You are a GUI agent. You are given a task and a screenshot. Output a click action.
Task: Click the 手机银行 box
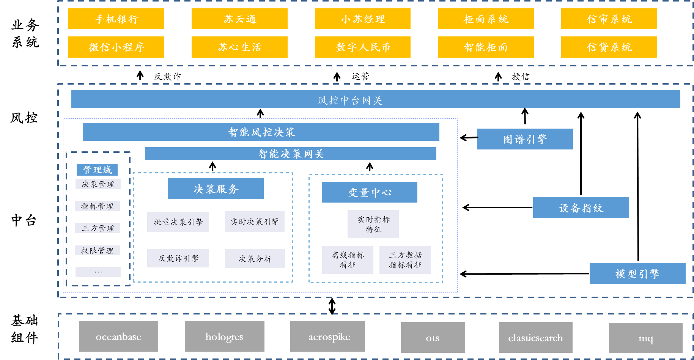(x=116, y=19)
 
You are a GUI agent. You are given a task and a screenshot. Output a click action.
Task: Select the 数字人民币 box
(x=363, y=47)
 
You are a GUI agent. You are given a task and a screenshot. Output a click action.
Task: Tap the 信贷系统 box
(x=609, y=47)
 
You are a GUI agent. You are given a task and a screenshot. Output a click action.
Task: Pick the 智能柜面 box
(x=486, y=47)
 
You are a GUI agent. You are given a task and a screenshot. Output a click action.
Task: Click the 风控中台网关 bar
(x=376, y=99)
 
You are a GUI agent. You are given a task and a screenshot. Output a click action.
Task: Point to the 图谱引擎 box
(x=525, y=139)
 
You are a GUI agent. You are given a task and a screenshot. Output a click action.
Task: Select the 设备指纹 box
(x=581, y=208)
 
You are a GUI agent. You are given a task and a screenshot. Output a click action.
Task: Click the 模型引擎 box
(x=637, y=274)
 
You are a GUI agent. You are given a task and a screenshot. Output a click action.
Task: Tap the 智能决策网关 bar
(x=291, y=154)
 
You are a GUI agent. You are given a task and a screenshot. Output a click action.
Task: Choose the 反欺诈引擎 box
(x=178, y=258)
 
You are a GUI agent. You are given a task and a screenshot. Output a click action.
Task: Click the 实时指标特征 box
(x=373, y=224)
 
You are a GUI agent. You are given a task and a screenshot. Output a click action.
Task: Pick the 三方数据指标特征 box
(x=405, y=260)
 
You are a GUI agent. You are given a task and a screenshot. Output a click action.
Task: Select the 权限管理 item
(x=97, y=250)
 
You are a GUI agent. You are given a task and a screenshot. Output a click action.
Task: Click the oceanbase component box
(x=118, y=336)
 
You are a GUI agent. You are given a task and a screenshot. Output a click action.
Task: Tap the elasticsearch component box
(x=536, y=338)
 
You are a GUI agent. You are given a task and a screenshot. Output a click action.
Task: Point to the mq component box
(x=646, y=338)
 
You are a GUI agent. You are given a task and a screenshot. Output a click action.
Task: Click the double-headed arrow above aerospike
(x=332, y=306)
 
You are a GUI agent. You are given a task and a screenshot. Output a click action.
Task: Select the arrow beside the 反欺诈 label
(x=140, y=75)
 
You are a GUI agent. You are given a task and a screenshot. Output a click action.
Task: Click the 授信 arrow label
(x=520, y=76)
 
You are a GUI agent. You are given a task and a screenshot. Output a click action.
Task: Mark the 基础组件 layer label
(x=25, y=329)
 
